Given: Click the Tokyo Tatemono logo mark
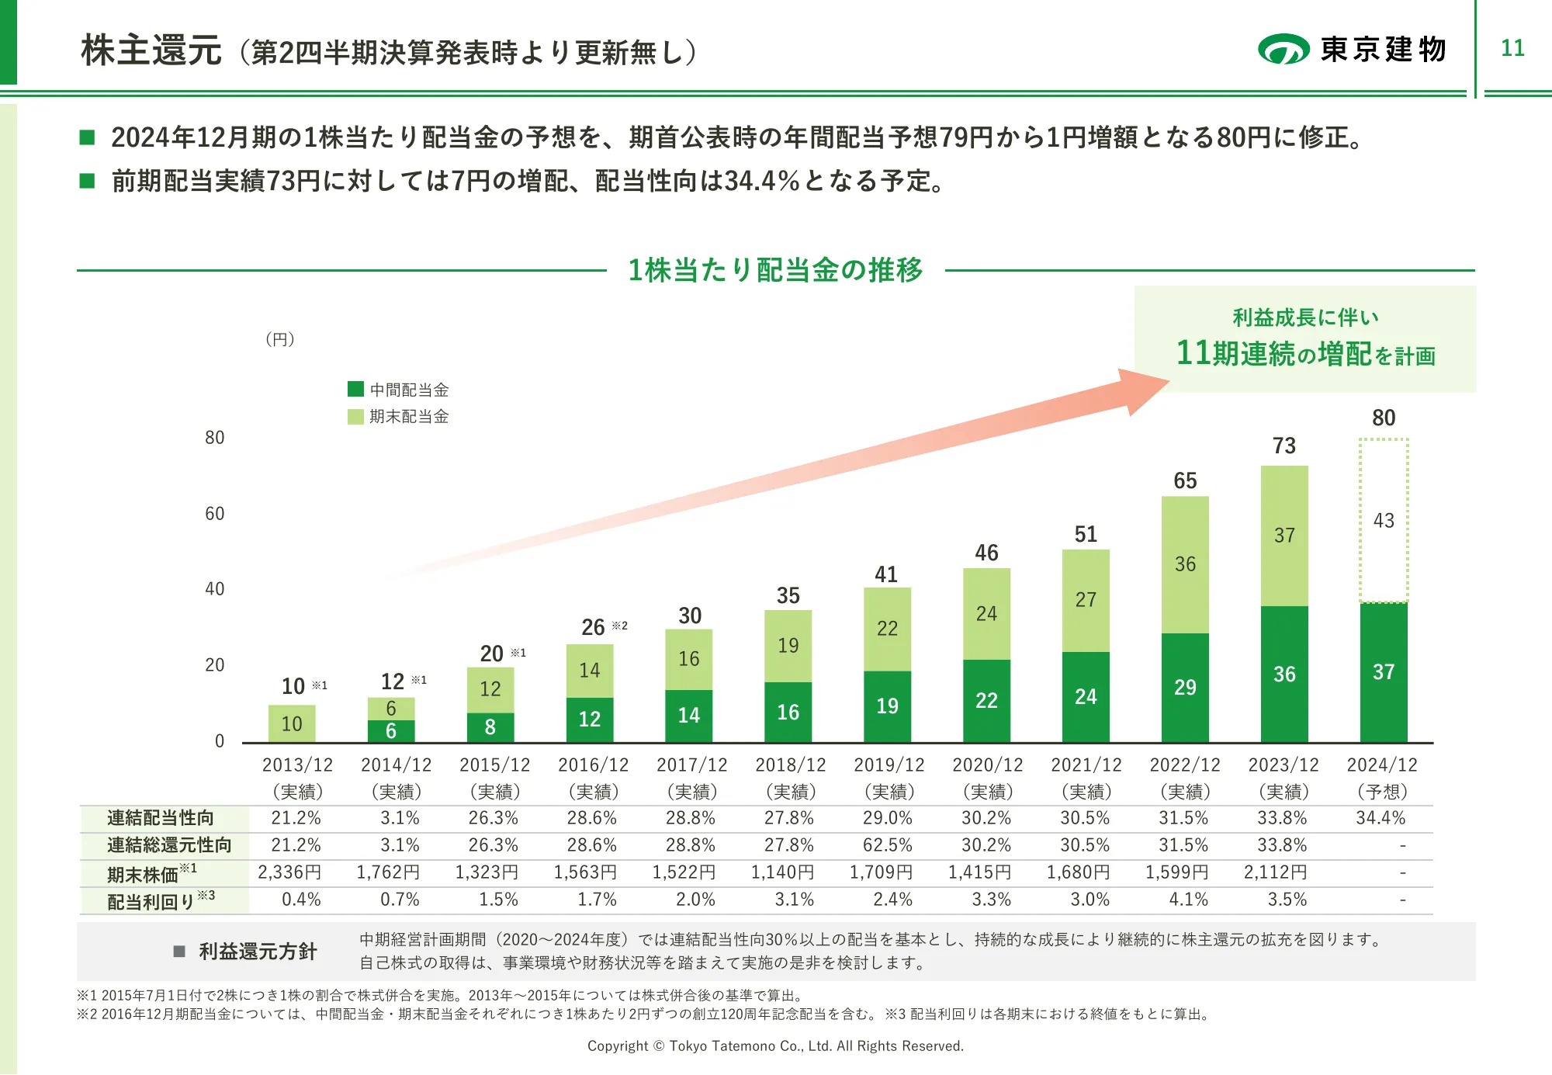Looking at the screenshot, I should [x=1284, y=49].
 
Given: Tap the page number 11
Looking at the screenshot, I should [x=1512, y=48].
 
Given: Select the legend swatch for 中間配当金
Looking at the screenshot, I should [x=355, y=389].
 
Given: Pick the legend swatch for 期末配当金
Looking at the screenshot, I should [x=355, y=416].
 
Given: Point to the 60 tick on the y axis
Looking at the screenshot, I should [x=214, y=514].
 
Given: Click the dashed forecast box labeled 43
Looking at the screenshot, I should [x=1384, y=520].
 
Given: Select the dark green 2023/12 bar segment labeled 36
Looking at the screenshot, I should [x=1284, y=674].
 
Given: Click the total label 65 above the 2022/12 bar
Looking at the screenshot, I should [x=1185, y=480].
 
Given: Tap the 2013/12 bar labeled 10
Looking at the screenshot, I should [x=292, y=723].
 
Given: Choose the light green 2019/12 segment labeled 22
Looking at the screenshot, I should [x=887, y=629].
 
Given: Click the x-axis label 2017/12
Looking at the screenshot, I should [x=691, y=765].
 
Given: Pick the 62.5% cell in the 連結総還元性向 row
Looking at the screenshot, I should [x=888, y=845].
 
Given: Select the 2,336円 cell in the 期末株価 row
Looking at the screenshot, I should [x=289, y=872].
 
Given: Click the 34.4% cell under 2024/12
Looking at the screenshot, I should [x=1381, y=818].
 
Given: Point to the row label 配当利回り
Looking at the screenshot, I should [x=151, y=902].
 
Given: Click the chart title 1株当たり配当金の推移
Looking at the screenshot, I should [x=775, y=270].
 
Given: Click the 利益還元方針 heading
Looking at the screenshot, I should [x=258, y=952].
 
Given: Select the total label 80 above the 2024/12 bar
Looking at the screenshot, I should [x=1384, y=418].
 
